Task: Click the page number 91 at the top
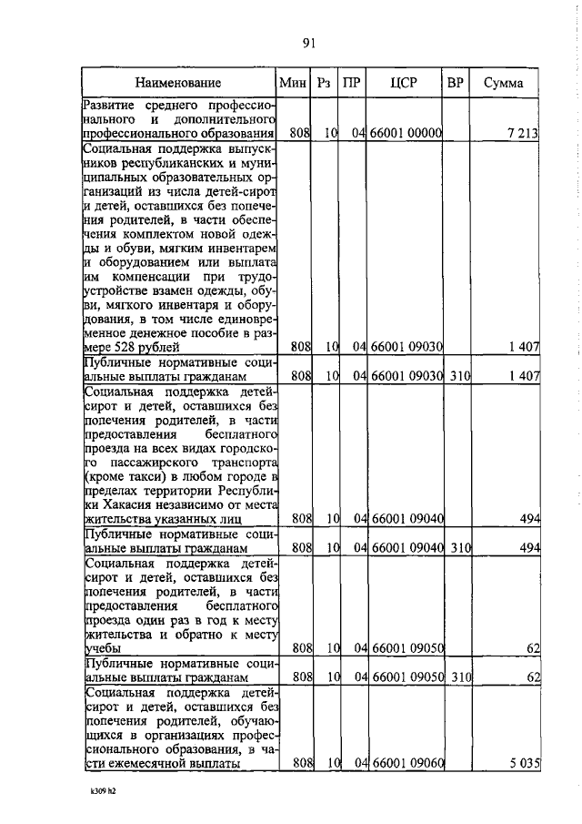click(307, 42)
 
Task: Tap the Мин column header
click(294, 83)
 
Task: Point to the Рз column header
click(324, 83)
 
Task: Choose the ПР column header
click(352, 83)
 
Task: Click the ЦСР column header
click(404, 83)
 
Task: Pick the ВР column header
click(456, 83)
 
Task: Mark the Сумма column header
click(503, 83)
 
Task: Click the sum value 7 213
click(524, 134)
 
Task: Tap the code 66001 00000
click(406, 134)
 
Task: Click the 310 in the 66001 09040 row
click(457, 549)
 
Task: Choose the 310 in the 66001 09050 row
click(457, 678)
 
